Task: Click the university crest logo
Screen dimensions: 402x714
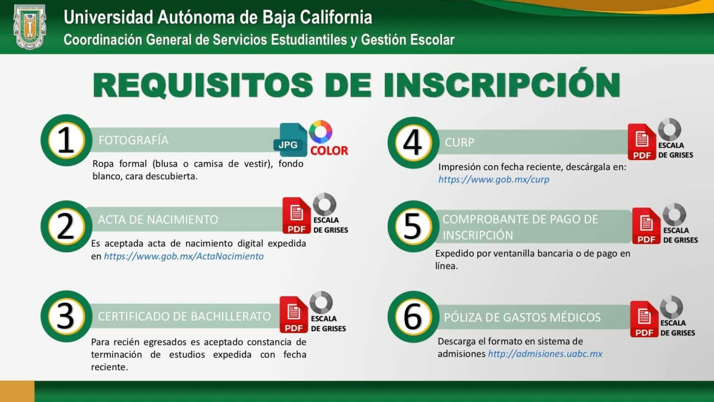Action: coord(30,27)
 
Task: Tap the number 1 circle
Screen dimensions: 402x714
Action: coord(66,140)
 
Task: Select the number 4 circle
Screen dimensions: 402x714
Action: coord(413,142)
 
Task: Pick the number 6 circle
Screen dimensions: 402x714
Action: coord(413,317)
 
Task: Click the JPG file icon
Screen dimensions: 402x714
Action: coord(290,140)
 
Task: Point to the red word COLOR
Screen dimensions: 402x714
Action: coord(329,151)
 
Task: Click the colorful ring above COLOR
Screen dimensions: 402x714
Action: coord(321,132)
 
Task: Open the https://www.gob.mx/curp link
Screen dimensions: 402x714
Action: coord(494,180)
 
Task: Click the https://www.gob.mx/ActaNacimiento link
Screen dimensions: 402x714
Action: coord(184,256)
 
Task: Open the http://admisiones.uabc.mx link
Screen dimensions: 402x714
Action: coord(545,354)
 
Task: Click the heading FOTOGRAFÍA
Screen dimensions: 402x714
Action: coord(133,141)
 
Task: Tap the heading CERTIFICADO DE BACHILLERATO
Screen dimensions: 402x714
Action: coord(184,317)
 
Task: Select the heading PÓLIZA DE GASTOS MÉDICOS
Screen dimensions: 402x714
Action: coord(522,318)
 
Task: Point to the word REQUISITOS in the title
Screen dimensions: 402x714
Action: coord(204,85)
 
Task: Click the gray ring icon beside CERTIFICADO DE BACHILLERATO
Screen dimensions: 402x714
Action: coord(321,302)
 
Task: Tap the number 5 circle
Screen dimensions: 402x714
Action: coord(413,227)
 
